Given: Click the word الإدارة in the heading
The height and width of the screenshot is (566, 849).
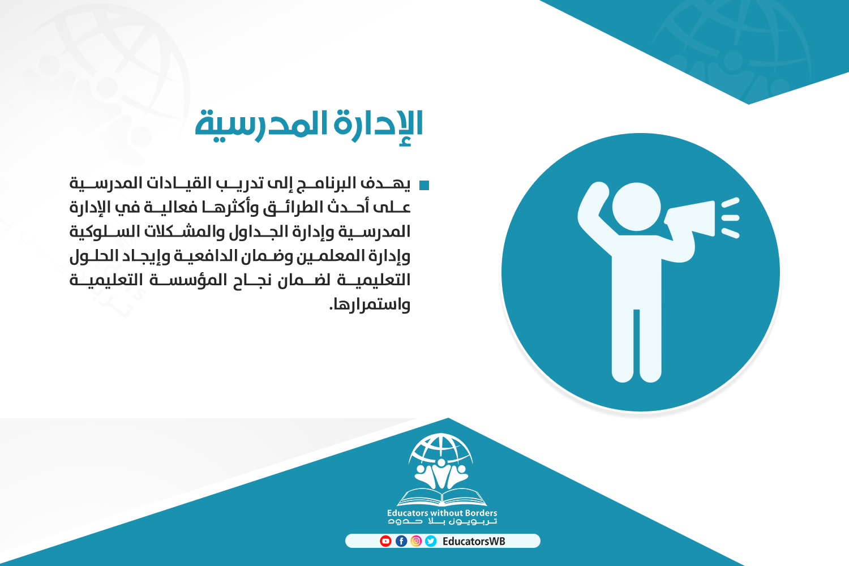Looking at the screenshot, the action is click(x=378, y=125).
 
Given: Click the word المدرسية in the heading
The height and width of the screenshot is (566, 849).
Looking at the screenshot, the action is click(x=261, y=125).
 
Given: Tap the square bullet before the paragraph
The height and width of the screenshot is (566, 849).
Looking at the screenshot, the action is click(x=424, y=185).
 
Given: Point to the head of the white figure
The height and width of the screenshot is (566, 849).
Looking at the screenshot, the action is click(x=636, y=207).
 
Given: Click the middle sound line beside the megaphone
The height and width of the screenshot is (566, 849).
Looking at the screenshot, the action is click(x=730, y=218).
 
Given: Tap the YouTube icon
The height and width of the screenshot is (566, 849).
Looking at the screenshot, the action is click(x=385, y=541).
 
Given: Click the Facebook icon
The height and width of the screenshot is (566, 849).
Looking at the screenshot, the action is click(x=401, y=541).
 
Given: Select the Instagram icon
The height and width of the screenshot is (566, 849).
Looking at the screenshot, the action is click(x=416, y=541).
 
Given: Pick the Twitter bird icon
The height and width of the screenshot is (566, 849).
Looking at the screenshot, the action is click(x=431, y=541).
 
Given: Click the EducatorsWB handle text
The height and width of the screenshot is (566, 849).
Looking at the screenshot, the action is click(x=474, y=541).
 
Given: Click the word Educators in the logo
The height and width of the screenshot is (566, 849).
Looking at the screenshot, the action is click(x=408, y=513).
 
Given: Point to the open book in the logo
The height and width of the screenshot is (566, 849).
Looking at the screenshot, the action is click(x=441, y=497).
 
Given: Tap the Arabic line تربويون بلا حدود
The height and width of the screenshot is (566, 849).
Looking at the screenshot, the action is click(x=442, y=522).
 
